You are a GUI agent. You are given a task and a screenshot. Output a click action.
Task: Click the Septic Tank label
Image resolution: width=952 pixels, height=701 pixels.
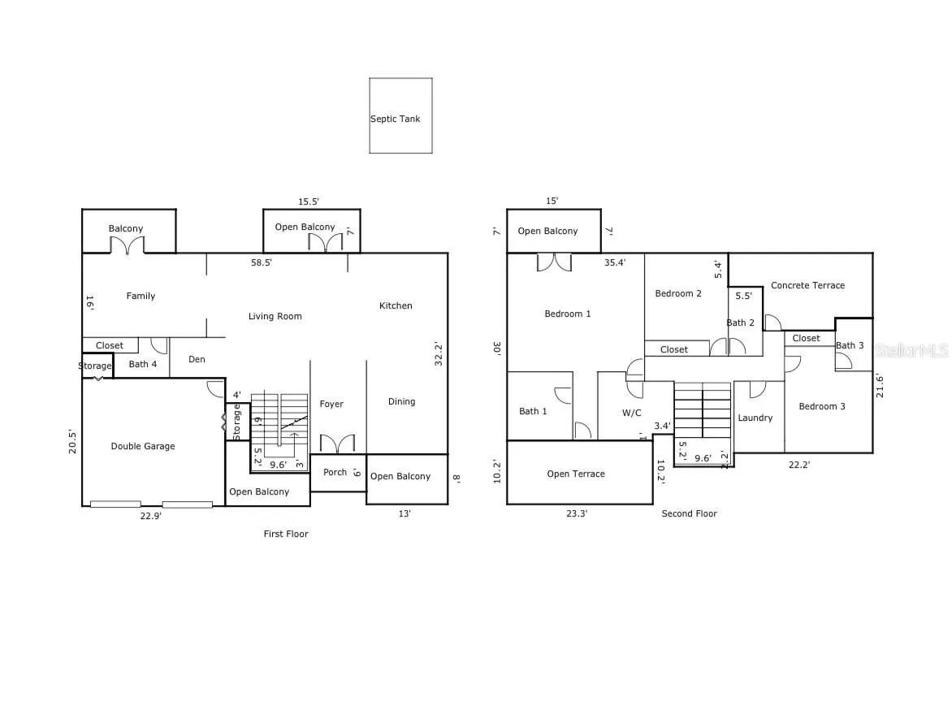[396, 119]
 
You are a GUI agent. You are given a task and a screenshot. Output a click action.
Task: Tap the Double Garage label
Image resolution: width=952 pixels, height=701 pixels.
[143, 446]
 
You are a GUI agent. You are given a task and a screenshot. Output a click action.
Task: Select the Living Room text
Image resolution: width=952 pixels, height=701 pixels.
[275, 316]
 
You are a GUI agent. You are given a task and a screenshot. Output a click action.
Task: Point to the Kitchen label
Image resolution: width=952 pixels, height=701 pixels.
[396, 306]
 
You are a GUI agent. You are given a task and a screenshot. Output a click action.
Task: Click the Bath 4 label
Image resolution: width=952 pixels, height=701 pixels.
[143, 364]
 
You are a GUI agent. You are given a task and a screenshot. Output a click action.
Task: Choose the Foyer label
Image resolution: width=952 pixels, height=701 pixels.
[331, 405]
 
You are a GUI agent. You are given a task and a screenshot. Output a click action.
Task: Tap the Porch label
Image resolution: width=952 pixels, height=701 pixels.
[335, 472]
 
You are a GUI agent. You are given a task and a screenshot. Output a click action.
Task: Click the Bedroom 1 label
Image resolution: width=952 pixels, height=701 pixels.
[568, 314]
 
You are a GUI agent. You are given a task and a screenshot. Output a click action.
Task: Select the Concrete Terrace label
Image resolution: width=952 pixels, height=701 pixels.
[807, 285]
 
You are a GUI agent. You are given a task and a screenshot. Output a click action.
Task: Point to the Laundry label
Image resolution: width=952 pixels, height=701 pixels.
[755, 418]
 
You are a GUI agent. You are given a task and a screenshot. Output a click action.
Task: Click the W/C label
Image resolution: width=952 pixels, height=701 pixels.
[631, 413]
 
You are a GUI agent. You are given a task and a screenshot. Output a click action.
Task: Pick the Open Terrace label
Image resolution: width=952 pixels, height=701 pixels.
[576, 474]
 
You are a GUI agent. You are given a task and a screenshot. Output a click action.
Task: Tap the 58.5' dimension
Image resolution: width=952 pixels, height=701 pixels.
[262, 263]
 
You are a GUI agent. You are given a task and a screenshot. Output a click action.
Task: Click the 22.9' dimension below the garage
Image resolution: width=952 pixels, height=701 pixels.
[150, 516]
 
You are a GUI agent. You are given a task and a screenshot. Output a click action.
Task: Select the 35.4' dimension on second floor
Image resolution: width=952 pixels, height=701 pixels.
[614, 263]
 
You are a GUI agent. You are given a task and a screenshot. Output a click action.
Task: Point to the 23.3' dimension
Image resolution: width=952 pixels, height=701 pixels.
[577, 513]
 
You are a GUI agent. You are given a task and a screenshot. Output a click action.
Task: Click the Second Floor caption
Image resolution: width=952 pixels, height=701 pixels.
[689, 513]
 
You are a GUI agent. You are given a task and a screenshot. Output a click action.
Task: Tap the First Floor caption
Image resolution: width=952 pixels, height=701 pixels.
[286, 534]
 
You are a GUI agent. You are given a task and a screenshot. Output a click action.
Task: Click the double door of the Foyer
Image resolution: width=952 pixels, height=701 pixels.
[338, 444]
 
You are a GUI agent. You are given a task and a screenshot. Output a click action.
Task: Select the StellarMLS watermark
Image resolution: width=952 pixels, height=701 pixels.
[911, 351]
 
